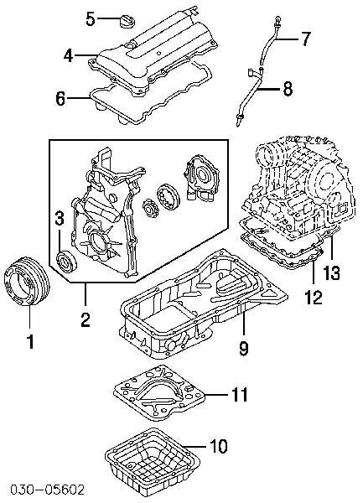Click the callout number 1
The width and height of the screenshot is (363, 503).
click(x=30, y=341)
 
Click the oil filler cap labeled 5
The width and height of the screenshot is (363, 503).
click(x=129, y=20)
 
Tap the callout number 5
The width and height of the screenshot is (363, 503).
click(x=92, y=17)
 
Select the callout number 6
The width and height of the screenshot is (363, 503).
click(x=61, y=99)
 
